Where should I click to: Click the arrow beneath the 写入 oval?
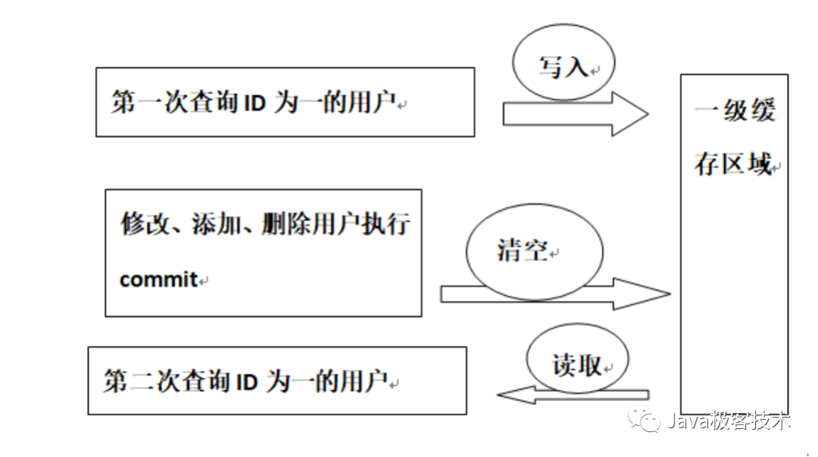(x=576, y=114)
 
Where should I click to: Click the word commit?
(x=158, y=280)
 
